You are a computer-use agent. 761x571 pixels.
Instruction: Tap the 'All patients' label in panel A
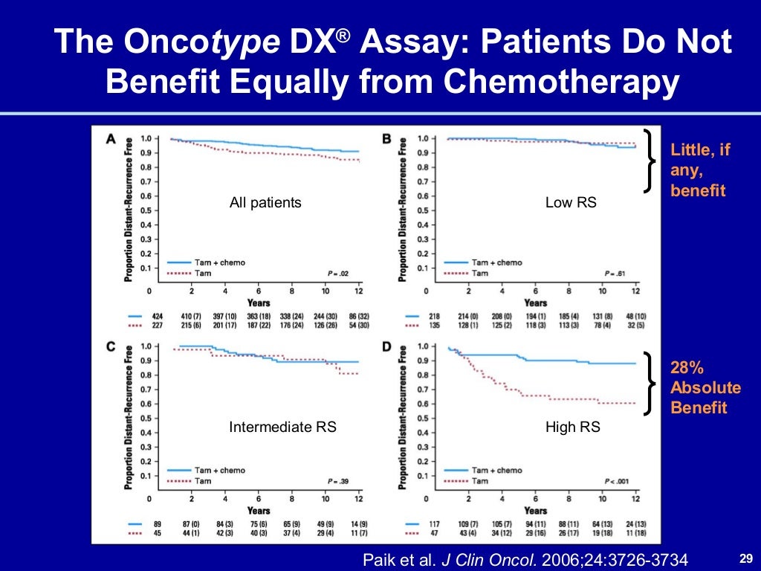point(265,202)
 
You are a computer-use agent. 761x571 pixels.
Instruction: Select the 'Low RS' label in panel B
point(571,202)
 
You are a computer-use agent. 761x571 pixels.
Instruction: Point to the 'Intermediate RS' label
point(282,427)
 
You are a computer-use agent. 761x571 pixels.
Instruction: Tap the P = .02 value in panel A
point(338,274)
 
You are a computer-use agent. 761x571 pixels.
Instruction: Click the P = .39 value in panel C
point(338,481)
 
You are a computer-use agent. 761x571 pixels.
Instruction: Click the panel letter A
point(111,138)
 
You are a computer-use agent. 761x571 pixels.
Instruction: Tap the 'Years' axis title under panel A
point(259,303)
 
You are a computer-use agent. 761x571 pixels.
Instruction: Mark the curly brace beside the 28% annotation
point(652,383)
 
